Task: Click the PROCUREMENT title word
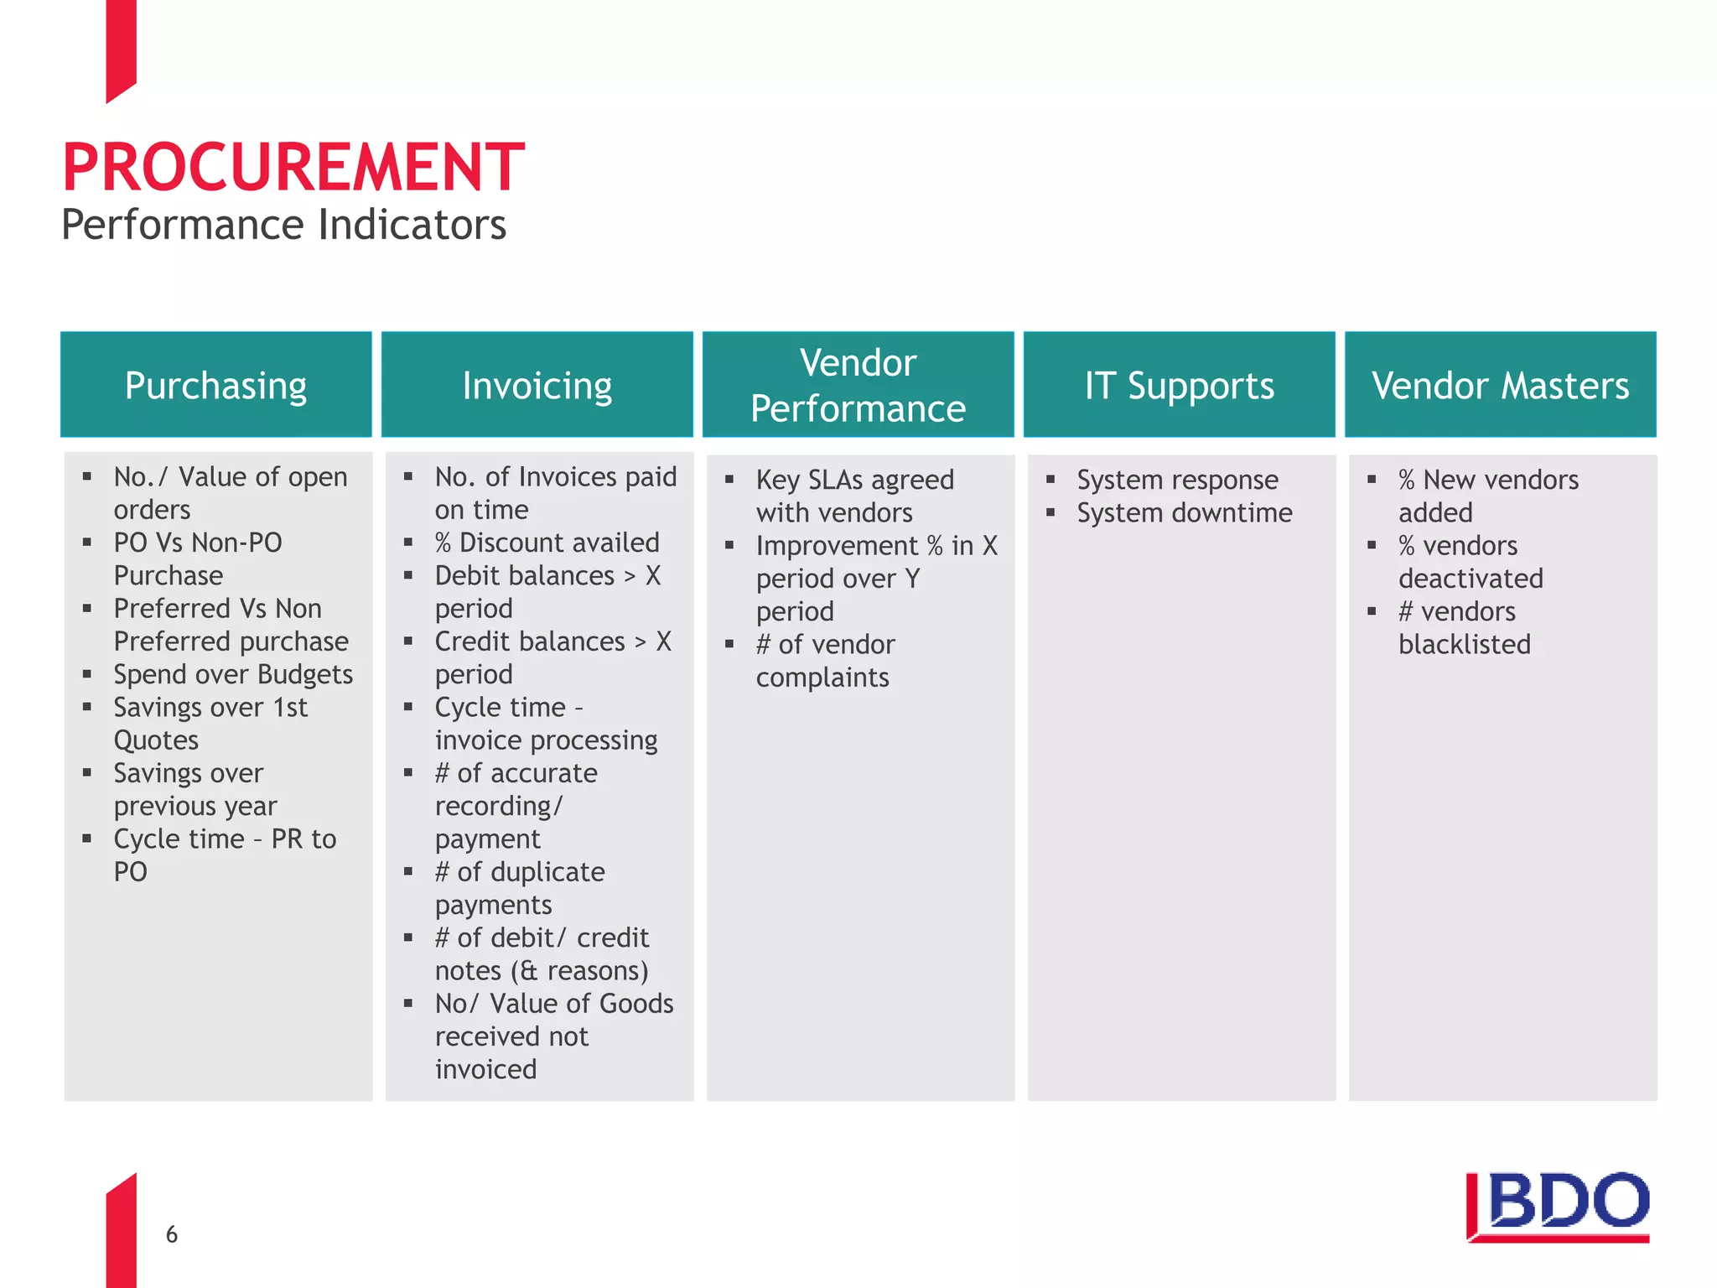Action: click(x=293, y=167)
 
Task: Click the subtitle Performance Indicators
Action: click(x=283, y=225)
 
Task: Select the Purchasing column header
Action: click(x=215, y=385)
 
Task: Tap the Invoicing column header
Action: click(x=537, y=385)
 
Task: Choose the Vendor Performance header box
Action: click(x=858, y=385)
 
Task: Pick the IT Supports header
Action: click(x=1179, y=385)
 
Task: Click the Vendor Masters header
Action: click(x=1500, y=385)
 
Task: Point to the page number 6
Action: click(x=172, y=1234)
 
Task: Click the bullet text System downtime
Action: click(x=1184, y=512)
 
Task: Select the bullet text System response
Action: click(x=1177, y=480)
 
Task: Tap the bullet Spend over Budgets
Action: click(x=233, y=674)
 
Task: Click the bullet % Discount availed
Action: click(x=547, y=543)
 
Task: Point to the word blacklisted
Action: click(x=1464, y=644)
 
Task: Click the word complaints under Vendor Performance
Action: click(x=822, y=677)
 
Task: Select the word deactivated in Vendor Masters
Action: click(x=1470, y=579)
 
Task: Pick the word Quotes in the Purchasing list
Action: click(x=156, y=740)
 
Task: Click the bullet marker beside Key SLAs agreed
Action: click(x=729, y=480)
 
